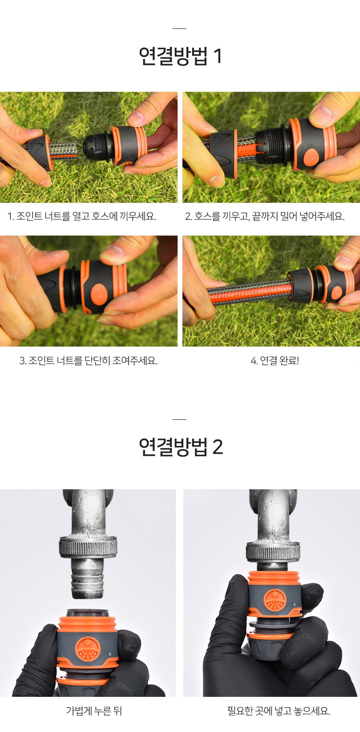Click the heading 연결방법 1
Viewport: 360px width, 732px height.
click(x=180, y=57)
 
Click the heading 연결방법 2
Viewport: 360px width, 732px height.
click(x=180, y=447)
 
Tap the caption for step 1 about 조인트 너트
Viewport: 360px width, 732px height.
click(x=82, y=216)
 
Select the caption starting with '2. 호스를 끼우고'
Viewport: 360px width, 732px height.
click(x=265, y=216)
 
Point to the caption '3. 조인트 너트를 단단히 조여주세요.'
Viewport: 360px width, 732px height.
click(x=89, y=360)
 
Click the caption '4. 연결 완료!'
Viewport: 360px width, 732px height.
click(x=275, y=360)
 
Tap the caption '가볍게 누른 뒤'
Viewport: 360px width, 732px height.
click(x=94, y=711)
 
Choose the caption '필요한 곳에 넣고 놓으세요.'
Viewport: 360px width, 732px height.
click(x=279, y=711)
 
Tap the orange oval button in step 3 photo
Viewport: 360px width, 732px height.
click(x=99, y=293)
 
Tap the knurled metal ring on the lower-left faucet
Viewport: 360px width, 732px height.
click(x=87, y=546)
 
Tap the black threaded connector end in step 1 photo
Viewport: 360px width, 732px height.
click(x=97, y=146)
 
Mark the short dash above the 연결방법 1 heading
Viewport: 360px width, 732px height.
click(x=179, y=28)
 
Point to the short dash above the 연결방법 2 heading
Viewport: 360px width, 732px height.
click(x=179, y=419)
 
